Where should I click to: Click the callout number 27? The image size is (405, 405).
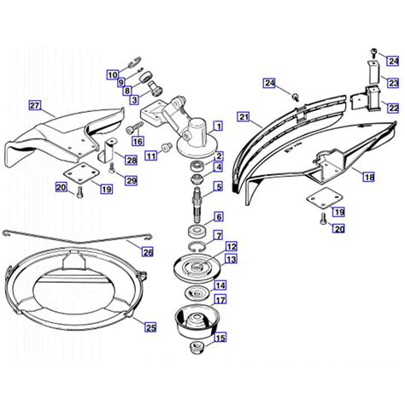tap(35, 106)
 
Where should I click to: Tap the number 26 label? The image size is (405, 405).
tap(147, 251)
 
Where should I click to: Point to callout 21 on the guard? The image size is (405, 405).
tap(244, 117)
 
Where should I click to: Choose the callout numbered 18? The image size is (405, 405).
tap(368, 177)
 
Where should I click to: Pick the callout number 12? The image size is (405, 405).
tap(232, 246)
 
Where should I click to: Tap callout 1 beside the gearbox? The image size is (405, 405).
tap(219, 126)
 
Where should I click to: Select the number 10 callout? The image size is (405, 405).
tap(112, 75)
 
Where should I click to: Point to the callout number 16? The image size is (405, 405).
tap(138, 141)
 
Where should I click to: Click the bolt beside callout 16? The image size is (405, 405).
tap(132, 129)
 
